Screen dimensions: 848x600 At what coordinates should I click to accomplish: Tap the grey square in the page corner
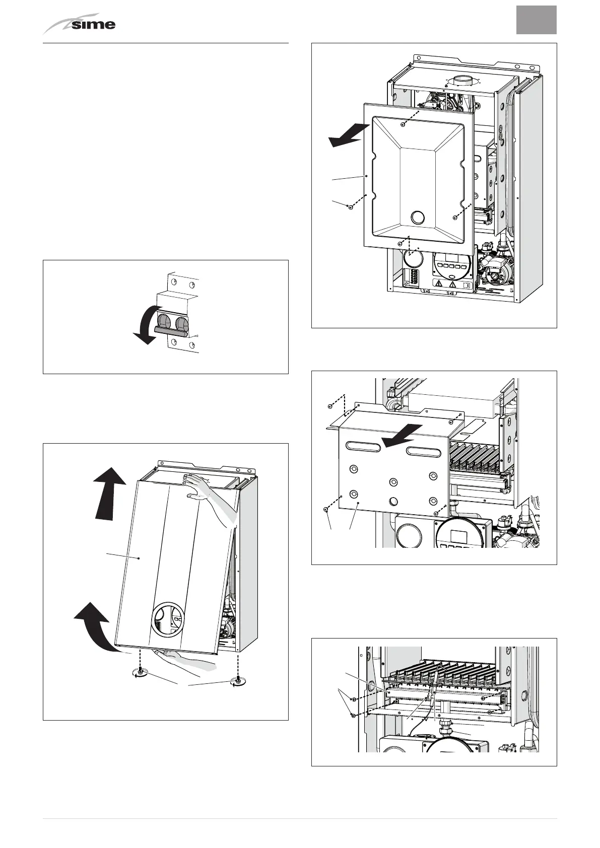coord(536,20)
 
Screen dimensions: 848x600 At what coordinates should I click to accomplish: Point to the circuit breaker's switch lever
coord(171,330)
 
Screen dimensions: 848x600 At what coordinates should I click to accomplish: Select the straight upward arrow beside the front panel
coord(110,493)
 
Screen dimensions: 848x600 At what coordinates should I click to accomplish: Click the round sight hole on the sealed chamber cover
coord(418,218)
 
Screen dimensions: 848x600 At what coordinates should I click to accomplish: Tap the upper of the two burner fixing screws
coord(353,699)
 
